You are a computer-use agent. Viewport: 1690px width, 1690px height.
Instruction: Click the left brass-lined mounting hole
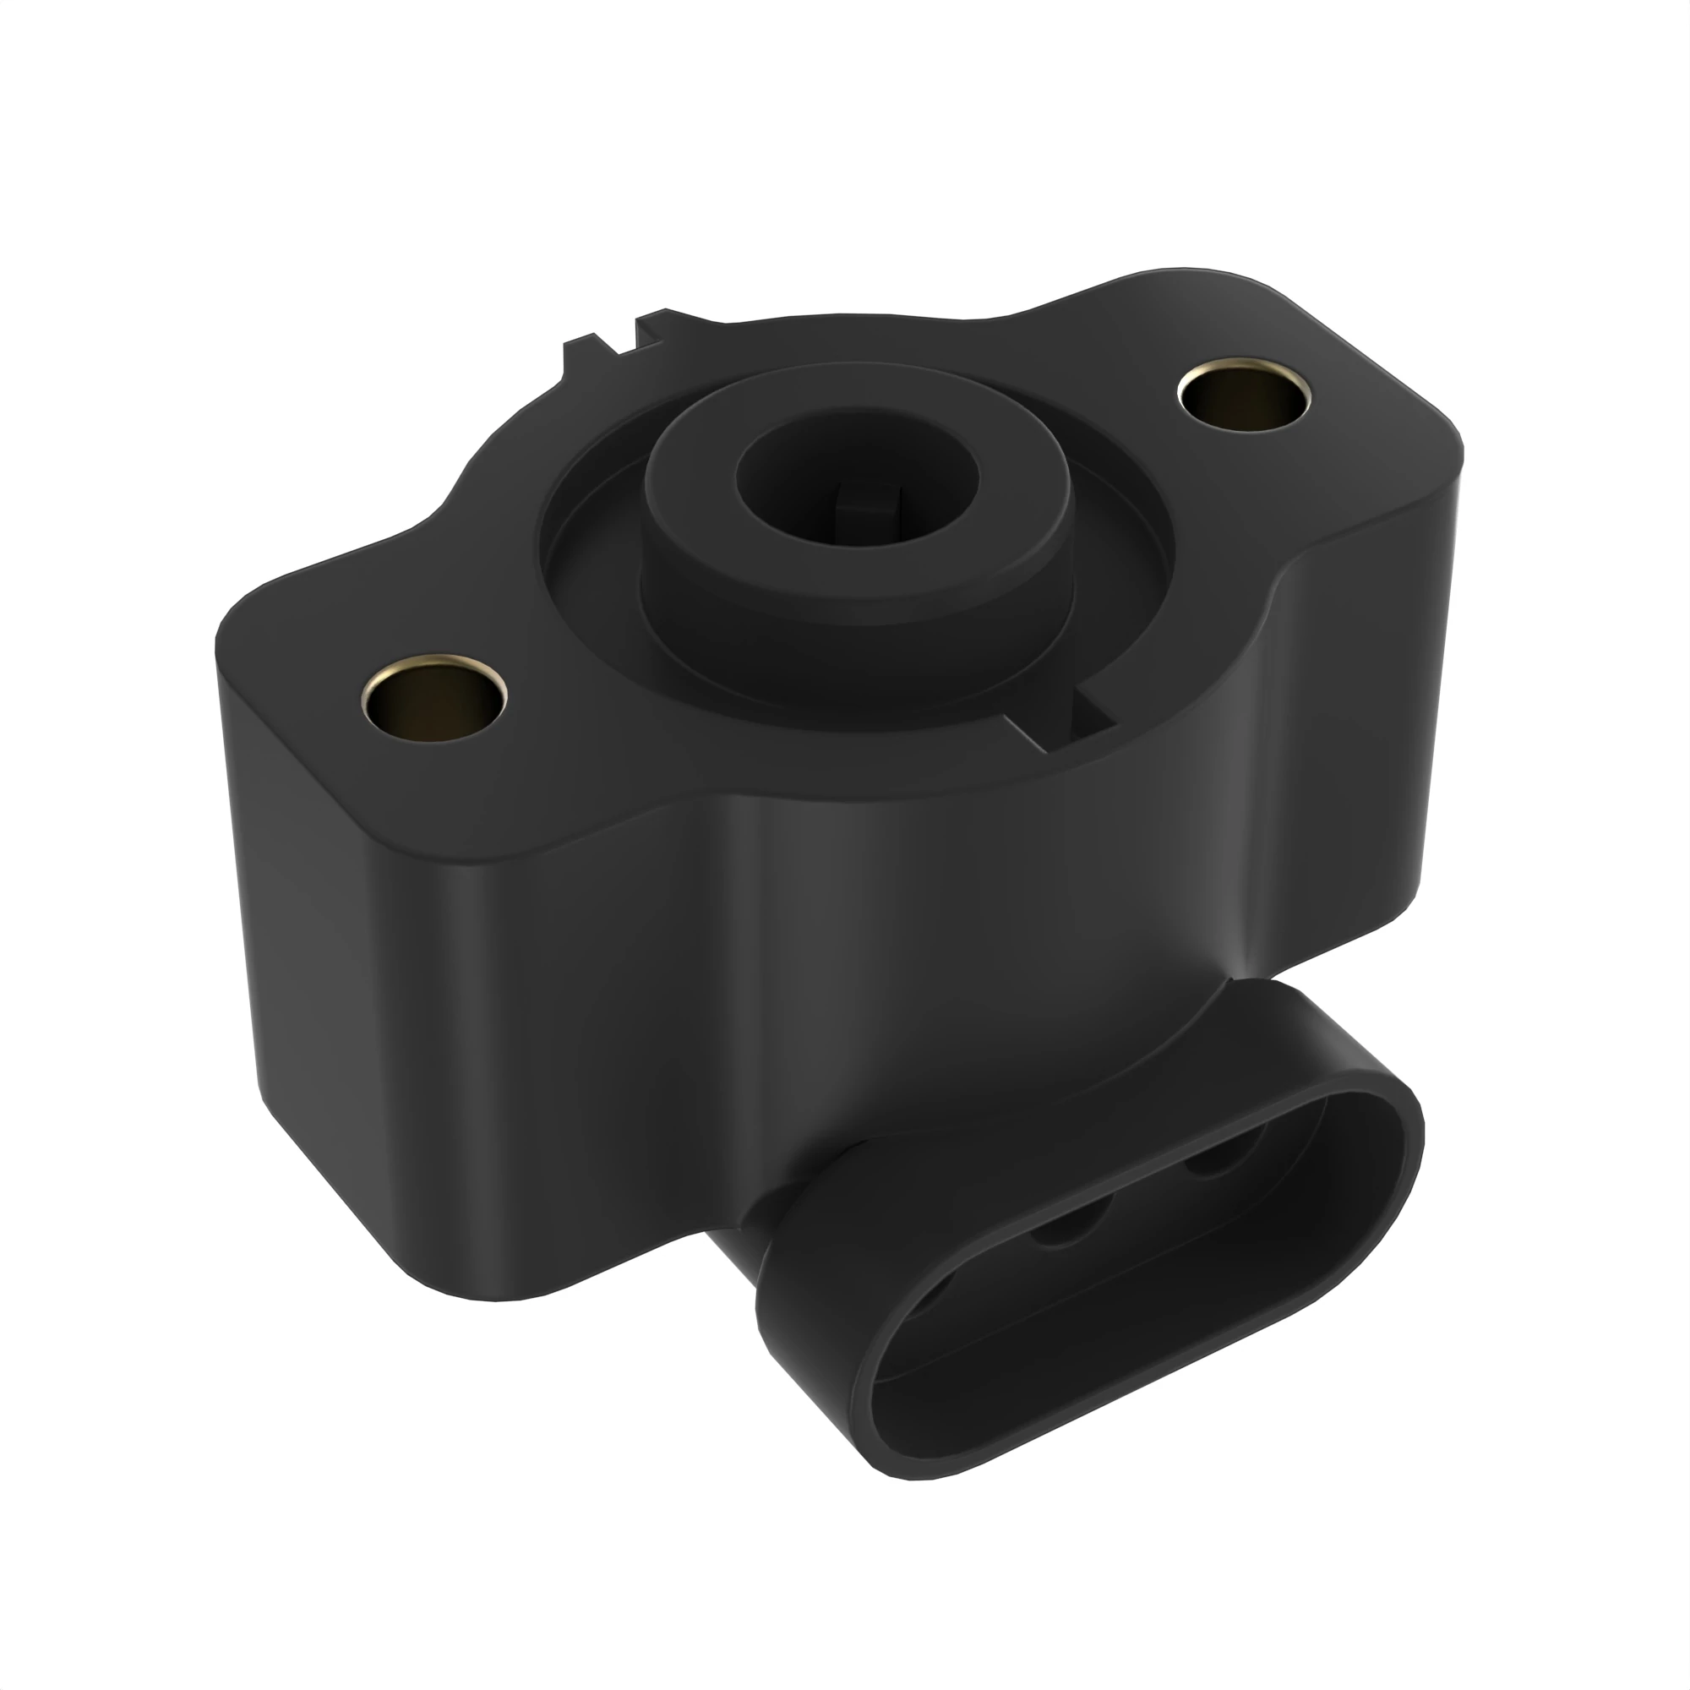[x=433, y=699]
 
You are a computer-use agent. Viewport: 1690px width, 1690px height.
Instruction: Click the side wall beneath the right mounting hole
[x=1365, y=744]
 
